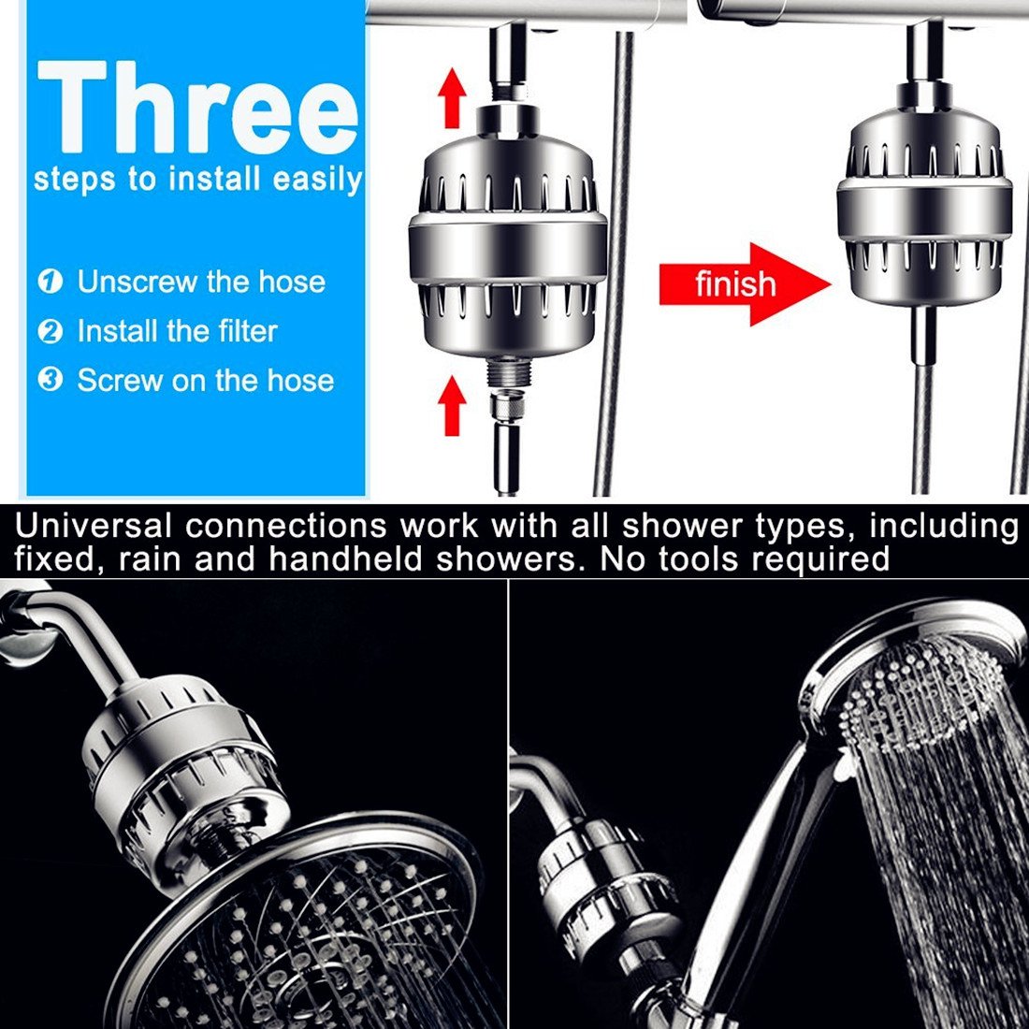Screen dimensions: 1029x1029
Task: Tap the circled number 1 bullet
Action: click(51, 282)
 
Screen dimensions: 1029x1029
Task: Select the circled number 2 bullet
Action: click(51, 331)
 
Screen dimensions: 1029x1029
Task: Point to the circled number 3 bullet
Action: click(51, 381)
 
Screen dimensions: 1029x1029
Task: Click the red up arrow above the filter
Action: click(452, 98)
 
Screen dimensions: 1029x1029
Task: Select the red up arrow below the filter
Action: click(452, 405)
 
